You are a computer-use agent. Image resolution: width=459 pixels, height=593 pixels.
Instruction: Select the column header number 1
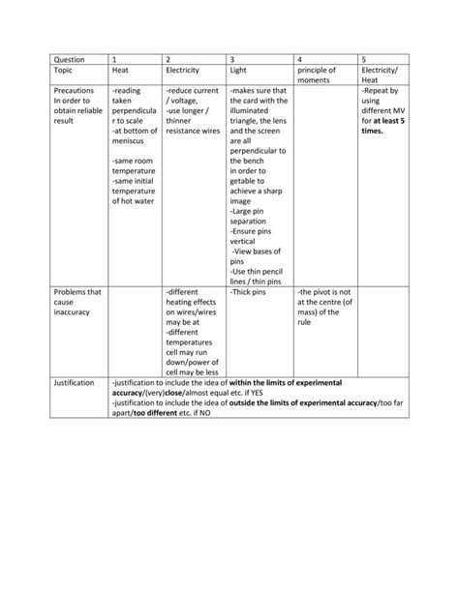[115, 59]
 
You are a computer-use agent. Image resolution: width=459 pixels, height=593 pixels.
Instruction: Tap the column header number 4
[301, 59]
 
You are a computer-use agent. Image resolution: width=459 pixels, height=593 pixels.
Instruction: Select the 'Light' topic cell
[239, 71]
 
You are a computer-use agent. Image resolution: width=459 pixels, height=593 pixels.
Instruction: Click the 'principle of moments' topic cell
[317, 76]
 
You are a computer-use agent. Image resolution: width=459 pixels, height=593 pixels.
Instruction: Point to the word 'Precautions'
[74, 91]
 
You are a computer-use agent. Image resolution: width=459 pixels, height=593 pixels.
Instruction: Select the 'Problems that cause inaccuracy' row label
[77, 301]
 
